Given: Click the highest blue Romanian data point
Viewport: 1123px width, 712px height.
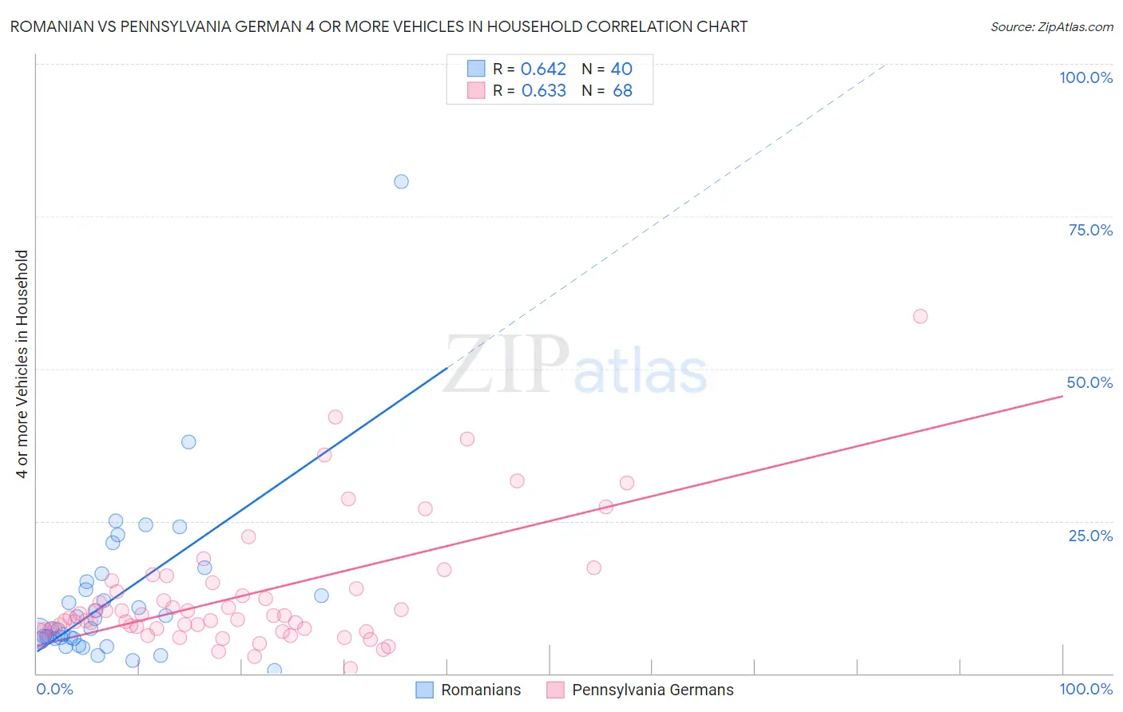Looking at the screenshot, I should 401,181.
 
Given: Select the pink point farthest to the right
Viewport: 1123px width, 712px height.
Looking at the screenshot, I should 920,316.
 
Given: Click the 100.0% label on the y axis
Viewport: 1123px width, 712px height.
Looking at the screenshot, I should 1085,77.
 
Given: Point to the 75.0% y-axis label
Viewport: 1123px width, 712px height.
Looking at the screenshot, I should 1090,230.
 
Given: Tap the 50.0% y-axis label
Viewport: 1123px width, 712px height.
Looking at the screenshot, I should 1089,382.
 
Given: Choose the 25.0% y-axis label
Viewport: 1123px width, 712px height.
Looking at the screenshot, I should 1090,536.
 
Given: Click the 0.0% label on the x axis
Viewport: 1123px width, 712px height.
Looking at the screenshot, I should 54,689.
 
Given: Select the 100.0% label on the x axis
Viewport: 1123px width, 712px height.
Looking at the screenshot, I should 1085,689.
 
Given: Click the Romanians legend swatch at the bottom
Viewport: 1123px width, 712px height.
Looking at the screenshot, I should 425,690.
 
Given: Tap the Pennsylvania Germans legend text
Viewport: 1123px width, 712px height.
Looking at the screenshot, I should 653,690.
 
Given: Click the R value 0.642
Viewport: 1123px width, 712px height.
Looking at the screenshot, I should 543,69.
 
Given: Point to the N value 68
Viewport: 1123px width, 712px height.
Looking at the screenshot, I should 622,90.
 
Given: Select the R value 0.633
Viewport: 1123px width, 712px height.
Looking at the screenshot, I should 543,90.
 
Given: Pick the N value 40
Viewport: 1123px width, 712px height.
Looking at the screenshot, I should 621,69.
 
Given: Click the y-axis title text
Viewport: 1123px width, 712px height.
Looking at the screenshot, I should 22,364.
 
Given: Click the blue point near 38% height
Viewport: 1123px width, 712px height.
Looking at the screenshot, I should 188,441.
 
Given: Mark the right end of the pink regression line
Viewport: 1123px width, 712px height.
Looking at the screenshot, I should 1062,395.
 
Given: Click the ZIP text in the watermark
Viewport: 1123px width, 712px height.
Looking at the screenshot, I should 506,365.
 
